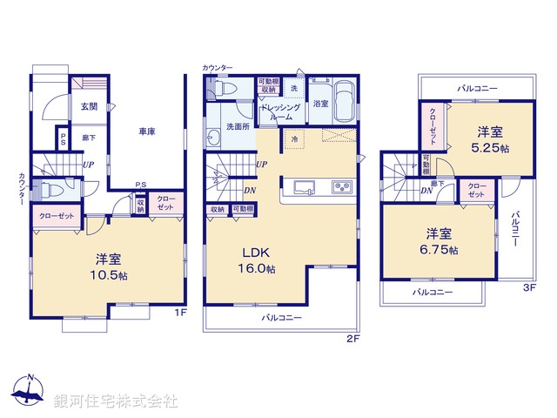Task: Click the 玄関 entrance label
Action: pos(90,107)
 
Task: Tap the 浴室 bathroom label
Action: pos(320,104)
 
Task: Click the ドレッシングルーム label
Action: pos(281,111)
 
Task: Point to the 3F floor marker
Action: pos(528,288)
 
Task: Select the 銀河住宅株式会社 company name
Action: pos(116,401)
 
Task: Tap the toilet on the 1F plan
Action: pos(50,190)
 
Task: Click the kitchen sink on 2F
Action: pos(305,188)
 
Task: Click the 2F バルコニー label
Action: pos(281,319)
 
